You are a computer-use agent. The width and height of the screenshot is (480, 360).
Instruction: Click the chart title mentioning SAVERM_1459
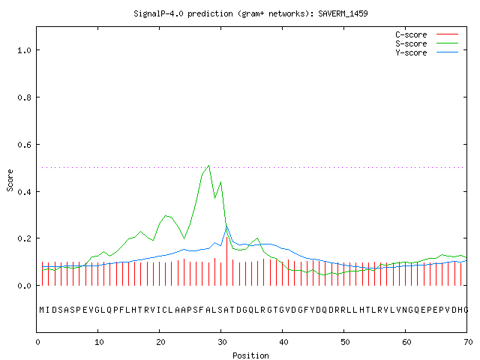pos(250,13)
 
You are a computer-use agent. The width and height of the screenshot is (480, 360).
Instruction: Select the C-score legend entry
pos(427,34)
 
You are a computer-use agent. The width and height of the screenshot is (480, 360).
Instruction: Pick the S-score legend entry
pos(427,43)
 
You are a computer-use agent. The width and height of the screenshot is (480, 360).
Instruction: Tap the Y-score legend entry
pos(427,52)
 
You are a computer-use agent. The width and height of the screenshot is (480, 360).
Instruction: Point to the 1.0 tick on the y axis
pos(25,50)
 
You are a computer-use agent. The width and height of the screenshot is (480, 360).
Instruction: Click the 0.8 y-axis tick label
pos(25,97)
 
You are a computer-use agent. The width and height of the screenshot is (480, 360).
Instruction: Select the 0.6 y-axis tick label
pos(25,145)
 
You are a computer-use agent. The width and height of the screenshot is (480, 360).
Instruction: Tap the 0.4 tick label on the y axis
pos(25,192)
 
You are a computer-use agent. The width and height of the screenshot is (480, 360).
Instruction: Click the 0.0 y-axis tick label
pos(25,286)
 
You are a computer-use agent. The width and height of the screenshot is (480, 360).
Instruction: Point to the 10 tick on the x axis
pos(99,342)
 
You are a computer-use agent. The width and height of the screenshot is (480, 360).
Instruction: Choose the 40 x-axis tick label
pos(283,342)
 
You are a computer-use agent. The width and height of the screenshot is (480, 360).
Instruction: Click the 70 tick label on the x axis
pos(468,342)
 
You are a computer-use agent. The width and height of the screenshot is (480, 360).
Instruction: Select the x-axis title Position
pos(250,355)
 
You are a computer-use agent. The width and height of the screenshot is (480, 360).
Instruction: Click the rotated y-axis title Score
pos(10,180)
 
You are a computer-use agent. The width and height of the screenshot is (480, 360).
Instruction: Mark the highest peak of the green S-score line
pos(208,166)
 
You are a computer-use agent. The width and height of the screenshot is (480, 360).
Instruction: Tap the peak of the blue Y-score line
pos(226,226)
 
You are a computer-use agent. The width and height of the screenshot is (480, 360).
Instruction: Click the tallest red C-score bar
pos(226,261)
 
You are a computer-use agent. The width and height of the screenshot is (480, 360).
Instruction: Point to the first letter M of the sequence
pos(42,310)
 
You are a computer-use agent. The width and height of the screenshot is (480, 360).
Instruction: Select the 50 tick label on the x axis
pos(345,342)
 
